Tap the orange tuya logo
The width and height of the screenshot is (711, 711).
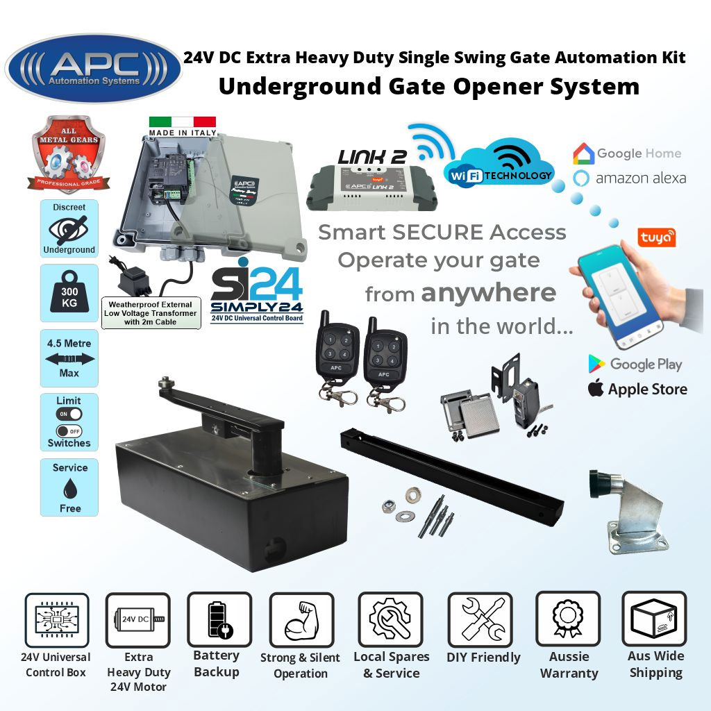656,238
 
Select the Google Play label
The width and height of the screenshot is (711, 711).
635,364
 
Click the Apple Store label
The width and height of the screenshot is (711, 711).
637,389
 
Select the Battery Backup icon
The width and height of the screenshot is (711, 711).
219,620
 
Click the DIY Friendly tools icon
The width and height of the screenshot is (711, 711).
480,620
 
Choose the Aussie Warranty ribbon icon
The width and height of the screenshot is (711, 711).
568,620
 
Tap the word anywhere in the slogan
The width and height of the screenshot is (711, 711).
488,292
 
